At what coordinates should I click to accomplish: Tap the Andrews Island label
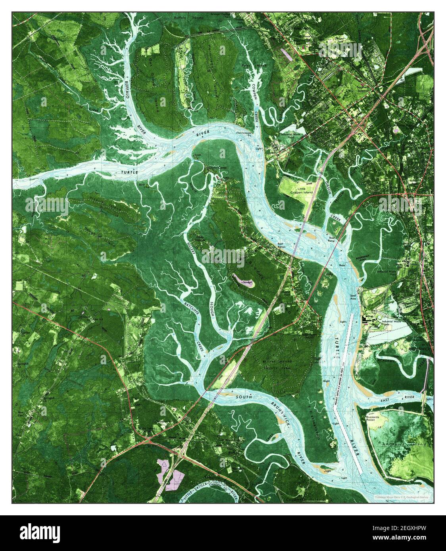click(404, 444)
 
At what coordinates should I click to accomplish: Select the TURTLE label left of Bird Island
click(129, 172)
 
